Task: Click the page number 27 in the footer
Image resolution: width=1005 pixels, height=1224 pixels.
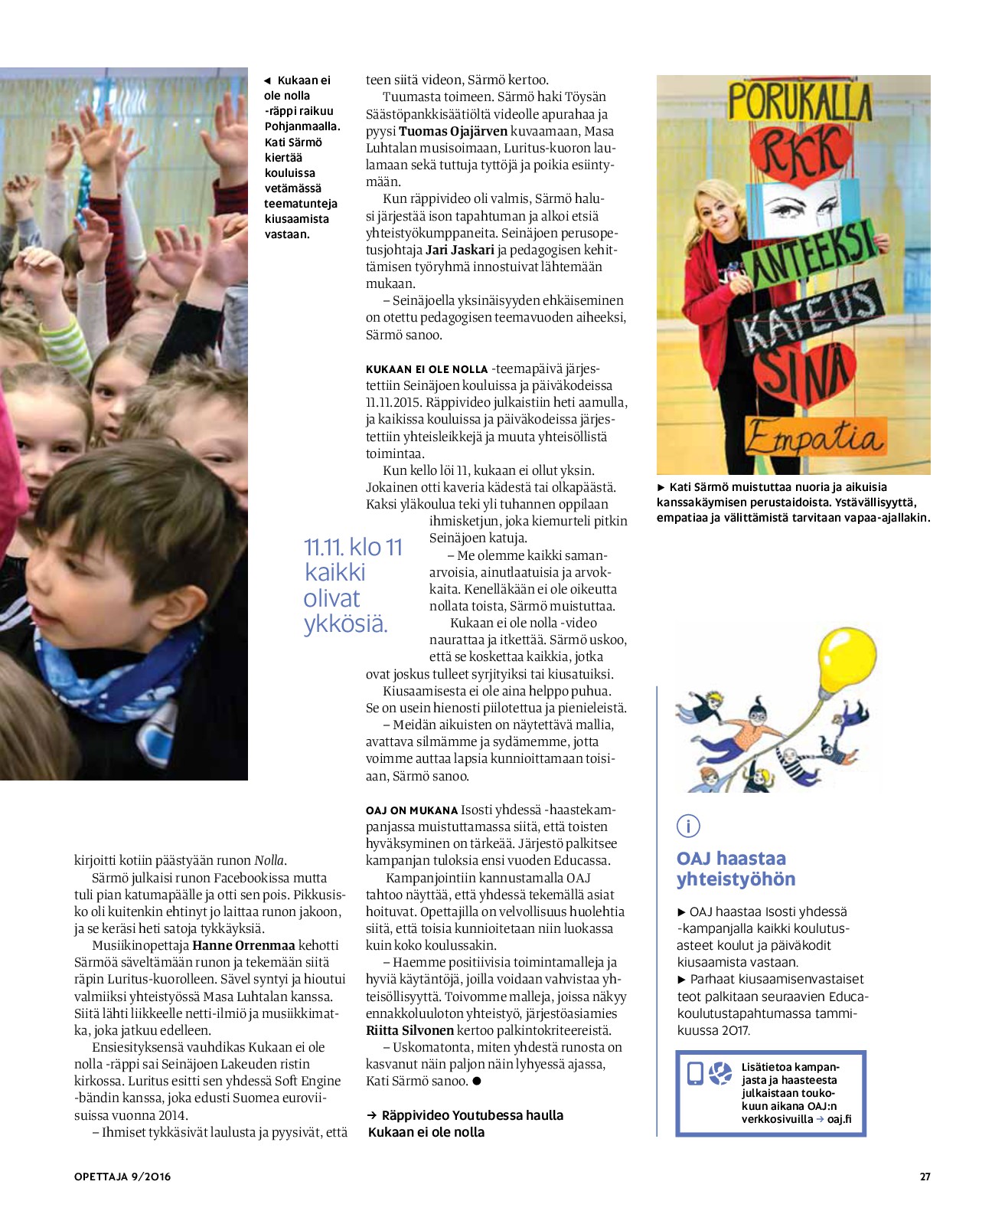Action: [925, 1177]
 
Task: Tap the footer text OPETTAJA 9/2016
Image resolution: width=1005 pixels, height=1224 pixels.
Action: [122, 1177]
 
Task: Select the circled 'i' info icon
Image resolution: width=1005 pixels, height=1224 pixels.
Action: [688, 826]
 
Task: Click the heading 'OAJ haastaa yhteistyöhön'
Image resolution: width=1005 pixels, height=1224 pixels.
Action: [735, 869]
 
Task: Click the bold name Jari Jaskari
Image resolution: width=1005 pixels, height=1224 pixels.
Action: [459, 250]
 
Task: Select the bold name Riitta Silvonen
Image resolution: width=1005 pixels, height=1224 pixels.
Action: [410, 1030]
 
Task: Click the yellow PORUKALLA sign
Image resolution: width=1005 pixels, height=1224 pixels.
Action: [800, 102]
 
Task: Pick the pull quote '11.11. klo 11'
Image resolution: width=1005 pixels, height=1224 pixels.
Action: [353, 548]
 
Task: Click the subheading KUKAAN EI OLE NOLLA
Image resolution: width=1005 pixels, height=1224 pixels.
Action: [426, 369]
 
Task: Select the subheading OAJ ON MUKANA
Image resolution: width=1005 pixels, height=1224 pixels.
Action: [411, 810]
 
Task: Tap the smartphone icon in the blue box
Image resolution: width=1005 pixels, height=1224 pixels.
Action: [695, 1074]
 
